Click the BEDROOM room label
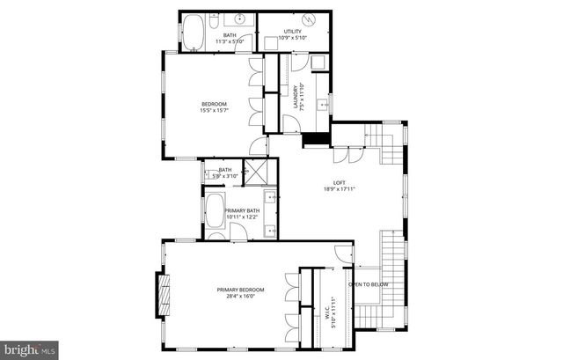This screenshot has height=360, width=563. pyautogui.click(x=214, y=104)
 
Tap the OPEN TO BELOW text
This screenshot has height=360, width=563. pyautogui.click(x=369, y=284)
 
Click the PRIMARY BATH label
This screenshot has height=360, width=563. pyautogui.click(x=242, y=210)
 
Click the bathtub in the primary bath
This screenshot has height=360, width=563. pyautogui.click(x=216, y=210)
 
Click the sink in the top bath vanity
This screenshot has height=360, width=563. pyautogui.click(x=238, y=19)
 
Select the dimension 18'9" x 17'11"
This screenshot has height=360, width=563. pyautogui.click(x=338, y=188)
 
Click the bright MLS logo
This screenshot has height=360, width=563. pyautogui.click(x=29, y=349)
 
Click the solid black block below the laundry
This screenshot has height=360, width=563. pyautogui.click(x=312, y=137)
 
